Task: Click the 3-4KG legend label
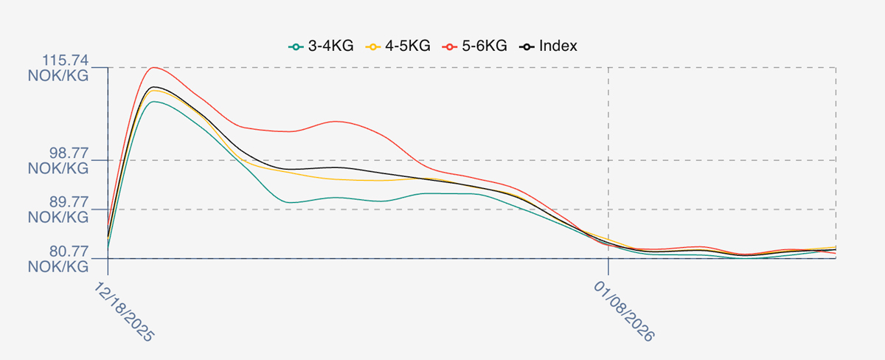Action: coord(330,46)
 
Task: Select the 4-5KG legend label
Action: coord(407,46)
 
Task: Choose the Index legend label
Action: coord(558,46)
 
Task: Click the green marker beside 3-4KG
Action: coord(296,46)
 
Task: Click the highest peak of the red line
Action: coord(153,68)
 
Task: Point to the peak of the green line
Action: coord(153,102)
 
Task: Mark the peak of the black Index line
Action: coord(154,87)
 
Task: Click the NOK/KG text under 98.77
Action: coord(58,168)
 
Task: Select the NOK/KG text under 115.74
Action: coord(58,75)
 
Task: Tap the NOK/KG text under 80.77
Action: coord(58,266)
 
